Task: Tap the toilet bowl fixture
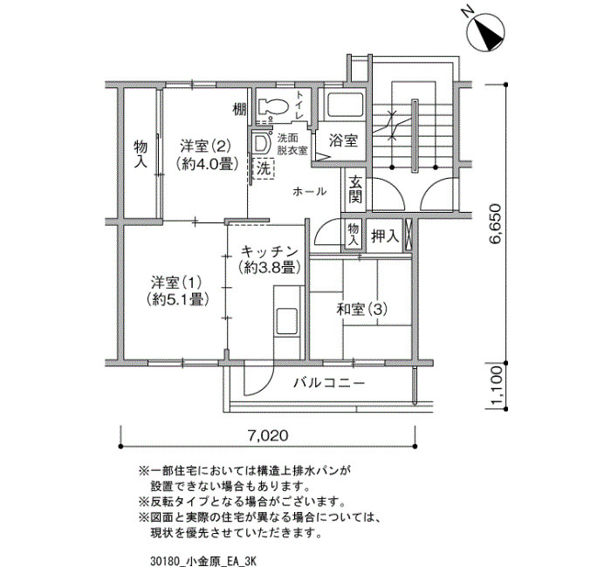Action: [x=273, y=106]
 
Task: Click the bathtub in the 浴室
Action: [x=346, y=105]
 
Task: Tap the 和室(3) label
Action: [x=362, y=310]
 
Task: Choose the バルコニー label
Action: [x=329, y=383]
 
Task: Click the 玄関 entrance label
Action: [x=355, y=189]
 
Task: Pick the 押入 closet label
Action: [x=385, y=236]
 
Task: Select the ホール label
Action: [x=309, y=191]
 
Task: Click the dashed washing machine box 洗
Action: [x=264, y=168]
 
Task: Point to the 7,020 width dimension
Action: [x=268, y=435]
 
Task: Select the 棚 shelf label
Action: [x=240, y=109]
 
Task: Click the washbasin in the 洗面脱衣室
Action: [x=261, y=143]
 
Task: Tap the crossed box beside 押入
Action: [x=408, y=236]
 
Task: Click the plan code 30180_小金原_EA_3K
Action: [x=203, y=561]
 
